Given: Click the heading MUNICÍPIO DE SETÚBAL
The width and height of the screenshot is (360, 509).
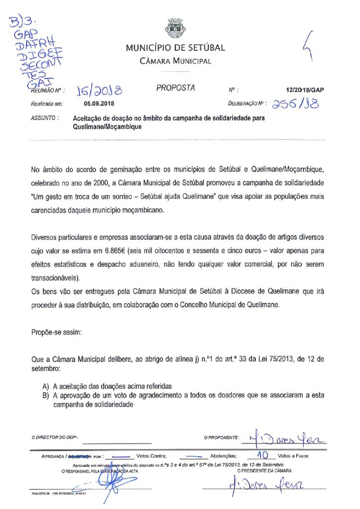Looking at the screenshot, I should coord(175,48).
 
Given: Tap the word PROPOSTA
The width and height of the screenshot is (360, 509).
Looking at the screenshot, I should coord(176,88).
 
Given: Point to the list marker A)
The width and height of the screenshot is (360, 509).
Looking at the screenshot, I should coord(46,387).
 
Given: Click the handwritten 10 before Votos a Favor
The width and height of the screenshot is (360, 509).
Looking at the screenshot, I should coord(262,454).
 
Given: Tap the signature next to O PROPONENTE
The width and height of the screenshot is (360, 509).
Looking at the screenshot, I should coord(283,437).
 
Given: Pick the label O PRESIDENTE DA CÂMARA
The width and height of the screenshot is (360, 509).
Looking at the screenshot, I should coord(264,470).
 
